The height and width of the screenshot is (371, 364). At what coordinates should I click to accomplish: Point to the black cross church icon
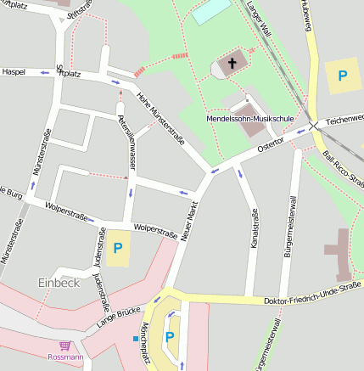point(230,62)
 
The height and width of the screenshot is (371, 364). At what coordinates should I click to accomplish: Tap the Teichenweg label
point(344,119)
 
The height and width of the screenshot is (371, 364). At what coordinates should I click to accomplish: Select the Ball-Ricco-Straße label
point(344,168)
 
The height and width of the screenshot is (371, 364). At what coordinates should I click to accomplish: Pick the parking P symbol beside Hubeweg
point(342,76)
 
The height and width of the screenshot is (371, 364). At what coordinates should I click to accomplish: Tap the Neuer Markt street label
point(188,222)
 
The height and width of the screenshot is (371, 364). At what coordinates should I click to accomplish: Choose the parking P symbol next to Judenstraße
point(118,248)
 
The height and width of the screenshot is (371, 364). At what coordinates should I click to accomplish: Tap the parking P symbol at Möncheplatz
point(170,337)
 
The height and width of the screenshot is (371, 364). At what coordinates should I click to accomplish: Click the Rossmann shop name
point(65,357)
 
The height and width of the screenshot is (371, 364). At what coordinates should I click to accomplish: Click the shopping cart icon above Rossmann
point(64,346)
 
